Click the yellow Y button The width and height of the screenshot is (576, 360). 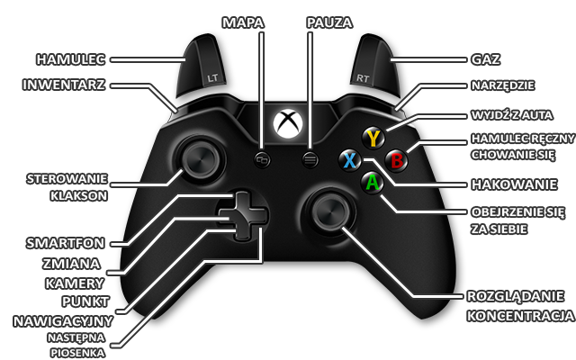pyautogui.click(x=374, y=138)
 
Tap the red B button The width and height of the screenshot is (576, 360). pyautogui.click(x=396, y=159)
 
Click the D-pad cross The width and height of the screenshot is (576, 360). pyautogui.click(x=240, y=216)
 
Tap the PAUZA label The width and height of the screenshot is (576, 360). pyautogui.click(x=324, y=20)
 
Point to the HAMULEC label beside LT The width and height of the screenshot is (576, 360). pyautogui.click(x=71, y=59)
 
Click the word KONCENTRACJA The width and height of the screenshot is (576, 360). pyautogui.click(x=521, y=317)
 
